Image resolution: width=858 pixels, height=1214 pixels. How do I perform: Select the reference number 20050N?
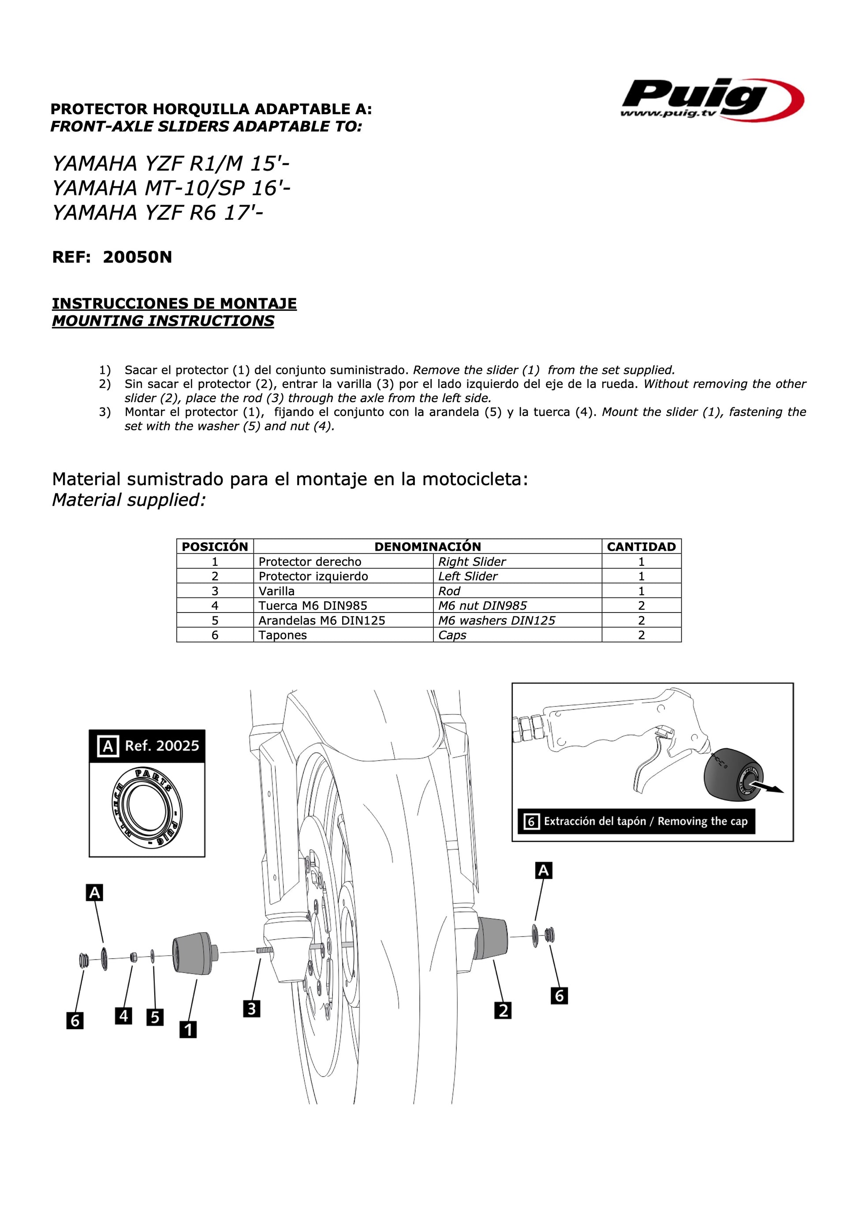137,258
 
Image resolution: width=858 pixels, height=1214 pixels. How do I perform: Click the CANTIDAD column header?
641,547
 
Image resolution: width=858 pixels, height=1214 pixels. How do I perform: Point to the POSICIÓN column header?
215,547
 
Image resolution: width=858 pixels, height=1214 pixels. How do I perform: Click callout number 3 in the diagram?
252,1009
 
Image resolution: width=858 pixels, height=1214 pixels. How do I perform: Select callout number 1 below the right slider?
188,1030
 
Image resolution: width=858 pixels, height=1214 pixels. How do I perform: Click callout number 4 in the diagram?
124,1016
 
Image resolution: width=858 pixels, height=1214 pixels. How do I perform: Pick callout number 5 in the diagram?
155,1017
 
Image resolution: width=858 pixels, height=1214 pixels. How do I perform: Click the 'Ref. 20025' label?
162,746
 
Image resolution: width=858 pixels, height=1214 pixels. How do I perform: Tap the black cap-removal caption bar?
636,821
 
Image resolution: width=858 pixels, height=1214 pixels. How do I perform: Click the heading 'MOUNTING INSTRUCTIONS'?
163,321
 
